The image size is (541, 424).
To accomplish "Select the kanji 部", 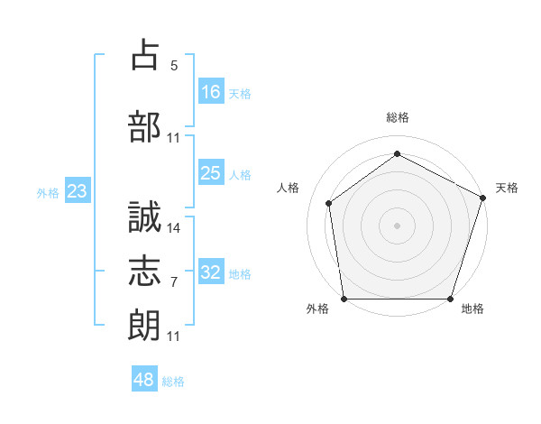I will click(145, 126).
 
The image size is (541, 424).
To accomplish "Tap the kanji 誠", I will click(145, 217).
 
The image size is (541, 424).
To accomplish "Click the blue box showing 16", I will click(211, 91).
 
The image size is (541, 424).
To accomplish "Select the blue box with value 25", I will click(211, 173).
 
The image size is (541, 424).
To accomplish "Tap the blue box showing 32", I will click(211, 272).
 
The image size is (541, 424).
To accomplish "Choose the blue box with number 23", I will click(78, 191).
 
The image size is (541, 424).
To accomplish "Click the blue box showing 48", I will click(144, 380).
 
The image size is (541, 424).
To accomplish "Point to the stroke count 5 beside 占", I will click(174, 65).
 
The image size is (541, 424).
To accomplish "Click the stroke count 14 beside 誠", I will click(174, 227).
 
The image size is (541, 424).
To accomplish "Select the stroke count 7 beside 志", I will click(174, 282).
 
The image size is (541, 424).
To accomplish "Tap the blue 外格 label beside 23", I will click(47, 192).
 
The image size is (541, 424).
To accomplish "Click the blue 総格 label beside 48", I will click(173, 382).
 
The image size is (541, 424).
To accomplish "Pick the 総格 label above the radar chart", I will click(398, 117).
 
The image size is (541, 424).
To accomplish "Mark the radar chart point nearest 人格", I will click(329, 203).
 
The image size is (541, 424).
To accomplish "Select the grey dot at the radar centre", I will click(398, 226).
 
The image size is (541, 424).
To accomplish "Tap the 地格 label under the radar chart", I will click(472, 309).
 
